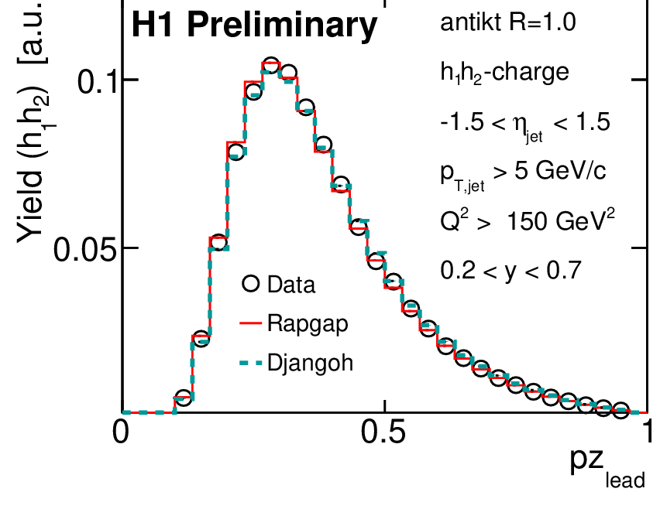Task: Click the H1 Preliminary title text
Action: [x=253, y=26]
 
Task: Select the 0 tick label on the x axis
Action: [x=121, y=432]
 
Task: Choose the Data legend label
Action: [x=291, y=285]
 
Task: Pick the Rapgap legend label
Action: [x=307, y=323]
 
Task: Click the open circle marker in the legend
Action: [x=249, y=284]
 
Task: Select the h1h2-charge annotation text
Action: [x=504, y=73]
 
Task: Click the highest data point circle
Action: [x=270, y=66]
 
